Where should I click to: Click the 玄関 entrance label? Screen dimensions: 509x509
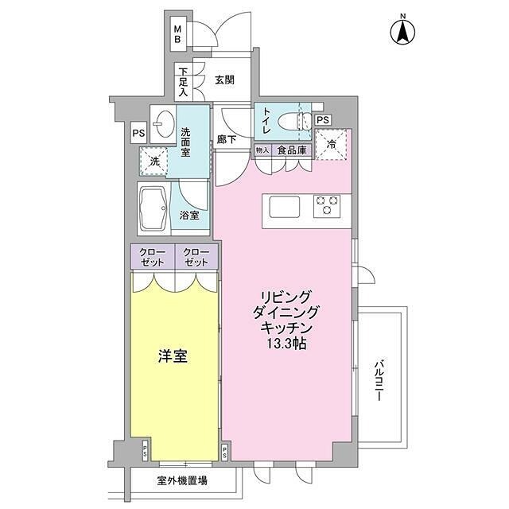pos(224,80)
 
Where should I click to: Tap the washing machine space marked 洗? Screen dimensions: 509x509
pos(154,161)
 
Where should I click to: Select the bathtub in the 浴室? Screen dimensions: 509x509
pos(152,208)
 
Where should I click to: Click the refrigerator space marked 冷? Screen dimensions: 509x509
pos(331,145)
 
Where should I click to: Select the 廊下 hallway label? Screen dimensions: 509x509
pos(227,140)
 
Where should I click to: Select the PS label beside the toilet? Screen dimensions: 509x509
pos(322,120)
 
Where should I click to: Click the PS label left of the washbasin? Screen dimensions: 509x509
pos(138,133)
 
